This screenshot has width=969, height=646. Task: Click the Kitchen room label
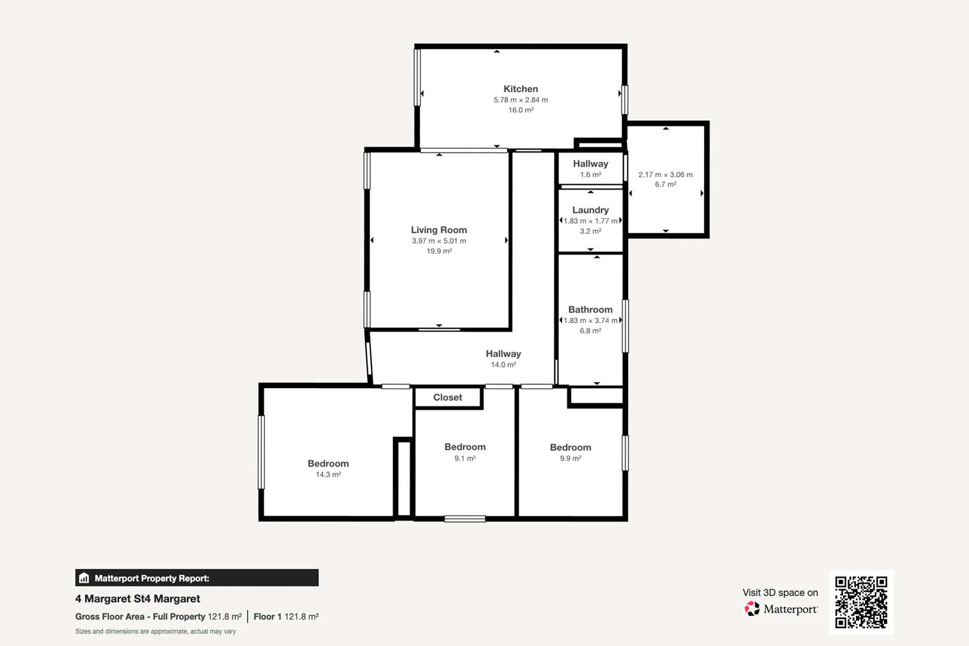(x=520, y=89)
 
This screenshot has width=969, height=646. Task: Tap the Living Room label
(x=438, y=230)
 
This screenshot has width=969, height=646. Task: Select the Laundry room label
(x=590, y=210)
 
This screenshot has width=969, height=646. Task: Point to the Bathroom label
(x=590, y=309)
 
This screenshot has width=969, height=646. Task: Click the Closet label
(x=447, y=397)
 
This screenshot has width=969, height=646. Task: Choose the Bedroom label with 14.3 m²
(x=328, y=464)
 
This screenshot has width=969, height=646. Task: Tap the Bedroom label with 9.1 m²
(x=465, y=447)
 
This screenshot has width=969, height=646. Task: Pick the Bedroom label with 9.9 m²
(x=570, y=447)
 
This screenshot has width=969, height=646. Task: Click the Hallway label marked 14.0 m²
(x=503, y=354)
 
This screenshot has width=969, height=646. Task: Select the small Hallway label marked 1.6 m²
(x=590, y=164)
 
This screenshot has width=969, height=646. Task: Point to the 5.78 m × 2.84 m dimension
(x=520, y=100)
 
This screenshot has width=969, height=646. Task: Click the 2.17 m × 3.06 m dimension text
(x=665, y=175)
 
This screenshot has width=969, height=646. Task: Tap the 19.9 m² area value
(x=438, y=251)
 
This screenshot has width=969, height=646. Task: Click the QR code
(x=861, y=602)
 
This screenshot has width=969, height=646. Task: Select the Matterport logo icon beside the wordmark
(x=752, y=609)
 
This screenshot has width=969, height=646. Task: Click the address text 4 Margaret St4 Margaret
(x=138, y=599)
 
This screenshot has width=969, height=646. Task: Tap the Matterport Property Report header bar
(x=197, y=578)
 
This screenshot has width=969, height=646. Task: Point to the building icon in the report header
(x=84, y=578)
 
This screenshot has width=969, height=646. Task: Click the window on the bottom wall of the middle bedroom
(x=465, y=519)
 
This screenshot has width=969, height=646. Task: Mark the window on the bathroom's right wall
(x=626, y=326)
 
